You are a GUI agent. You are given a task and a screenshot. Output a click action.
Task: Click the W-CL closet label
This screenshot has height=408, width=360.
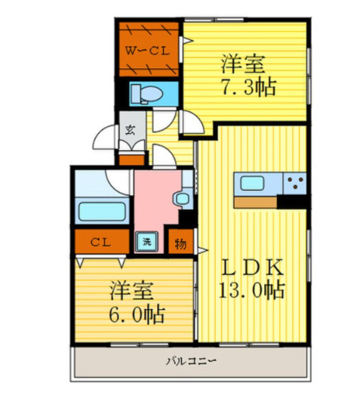click(147, 51)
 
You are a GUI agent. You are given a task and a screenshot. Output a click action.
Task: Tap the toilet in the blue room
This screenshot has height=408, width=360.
click(146, 94)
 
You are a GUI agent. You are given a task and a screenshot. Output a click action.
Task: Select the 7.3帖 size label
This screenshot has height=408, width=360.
click(248, 87)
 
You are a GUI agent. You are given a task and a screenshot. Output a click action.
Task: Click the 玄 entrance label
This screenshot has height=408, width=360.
click(131, 129)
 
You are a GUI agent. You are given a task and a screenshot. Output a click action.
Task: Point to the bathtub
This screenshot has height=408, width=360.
click(102, 212)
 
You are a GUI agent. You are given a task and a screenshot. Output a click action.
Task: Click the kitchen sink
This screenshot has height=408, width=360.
click(252, 183)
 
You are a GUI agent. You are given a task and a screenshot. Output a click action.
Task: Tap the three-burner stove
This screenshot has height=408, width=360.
click(295, 183)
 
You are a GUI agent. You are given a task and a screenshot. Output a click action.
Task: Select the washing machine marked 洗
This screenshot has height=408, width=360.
click(147, 242)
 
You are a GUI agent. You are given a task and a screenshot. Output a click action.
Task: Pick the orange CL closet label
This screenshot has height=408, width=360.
click(100, 243)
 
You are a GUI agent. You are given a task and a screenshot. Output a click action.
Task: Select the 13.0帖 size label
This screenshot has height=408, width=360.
click(251, 290)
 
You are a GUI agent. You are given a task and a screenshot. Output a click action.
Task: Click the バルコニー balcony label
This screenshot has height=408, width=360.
click(191, 361)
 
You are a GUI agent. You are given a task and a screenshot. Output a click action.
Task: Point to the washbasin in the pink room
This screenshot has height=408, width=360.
click(182, 199)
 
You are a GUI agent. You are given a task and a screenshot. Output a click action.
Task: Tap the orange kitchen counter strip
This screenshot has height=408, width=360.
click(256, 202)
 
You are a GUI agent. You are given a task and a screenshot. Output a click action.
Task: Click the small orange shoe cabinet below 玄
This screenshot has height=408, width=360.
click(132, 160)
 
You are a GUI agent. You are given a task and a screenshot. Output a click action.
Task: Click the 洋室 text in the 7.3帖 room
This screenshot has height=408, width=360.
click(243, 63)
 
